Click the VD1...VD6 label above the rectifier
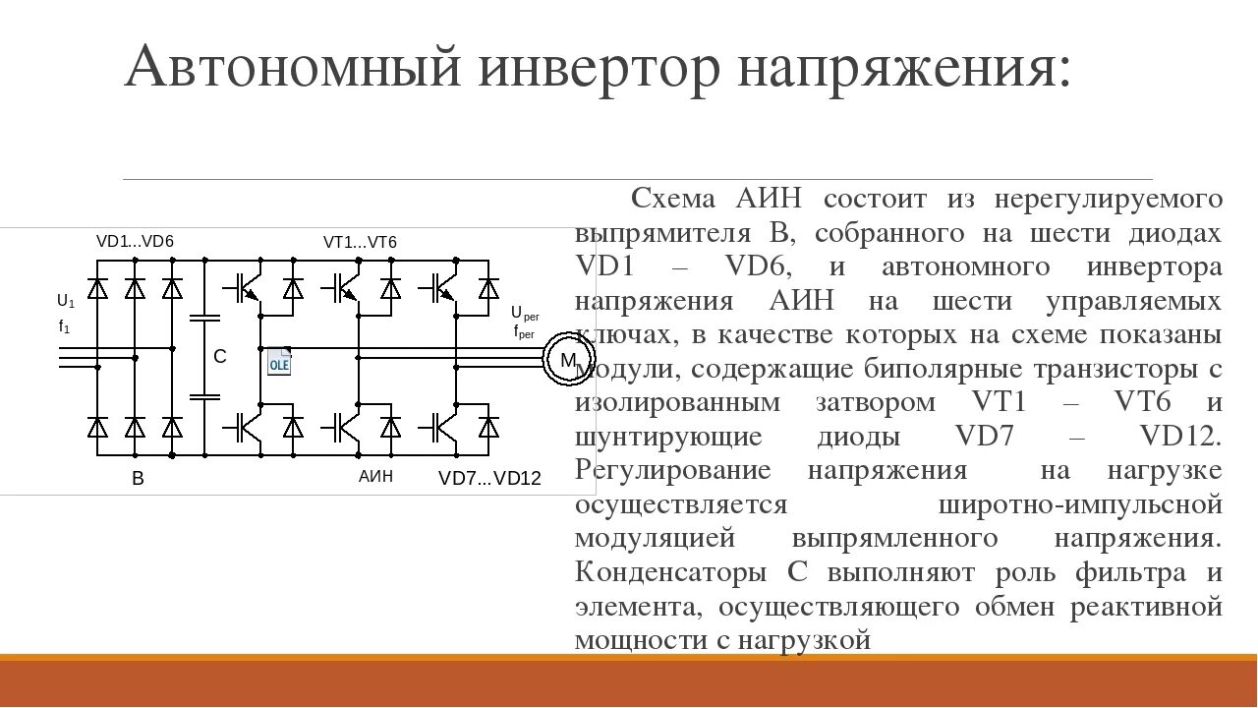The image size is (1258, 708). click(135, 242)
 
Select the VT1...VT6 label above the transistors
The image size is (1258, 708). click(360, 242)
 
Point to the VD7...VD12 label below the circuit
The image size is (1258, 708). click(489, 479)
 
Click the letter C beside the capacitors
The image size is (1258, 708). click(220, 357)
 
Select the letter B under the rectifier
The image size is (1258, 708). click(138, 480)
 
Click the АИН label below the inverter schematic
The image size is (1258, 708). click(375, 477)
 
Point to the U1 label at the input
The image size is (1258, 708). click(66, 301)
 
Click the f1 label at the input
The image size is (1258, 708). click(65, 327)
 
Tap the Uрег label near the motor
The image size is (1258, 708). click(525, 314)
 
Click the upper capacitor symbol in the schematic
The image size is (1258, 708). click(204, 319)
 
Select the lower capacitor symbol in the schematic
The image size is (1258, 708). click(204, 396)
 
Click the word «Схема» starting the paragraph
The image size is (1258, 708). click(674, 199)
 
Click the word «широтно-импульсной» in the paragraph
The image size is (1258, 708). click(1080, 503)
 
